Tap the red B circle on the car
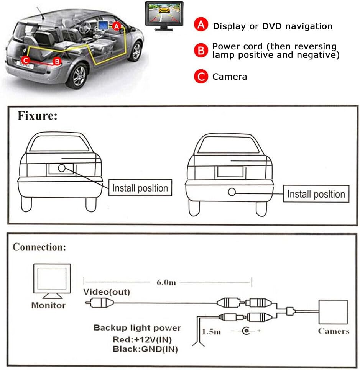[x=57, y=61]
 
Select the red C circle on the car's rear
[x=25, y=60]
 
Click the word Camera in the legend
[x=230, y=77]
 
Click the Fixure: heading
[x=37, y=116]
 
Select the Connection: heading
[x=39, y=247]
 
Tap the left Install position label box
[x=140, y=188]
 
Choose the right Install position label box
[x=316, y=194]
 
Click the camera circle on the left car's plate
[x=61, y=168]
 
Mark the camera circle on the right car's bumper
[x=232, y=192]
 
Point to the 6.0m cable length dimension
[x=166, y=283]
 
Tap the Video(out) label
[x=107, y=292]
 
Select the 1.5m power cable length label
[x=211, y=331]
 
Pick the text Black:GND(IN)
[x=145, y=349]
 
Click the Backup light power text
[x=137, y=328]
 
